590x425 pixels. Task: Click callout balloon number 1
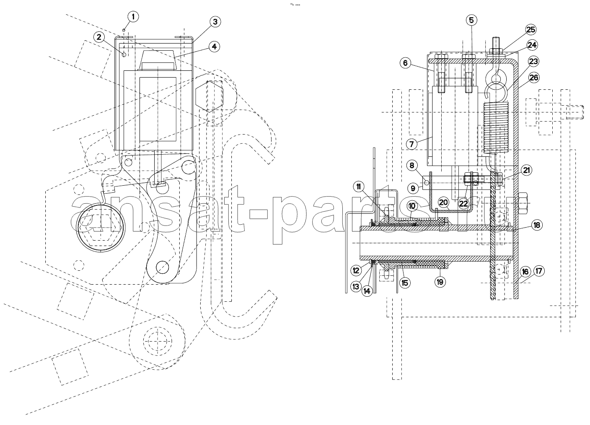[x=133, y=17]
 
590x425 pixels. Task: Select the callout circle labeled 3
[x=215, y=22]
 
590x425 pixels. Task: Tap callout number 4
[x=214, y=47]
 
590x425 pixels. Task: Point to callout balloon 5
[x=471, y=20]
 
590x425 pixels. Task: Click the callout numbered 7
[x=411, y=144]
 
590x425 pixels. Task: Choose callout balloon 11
[x=359, y=187]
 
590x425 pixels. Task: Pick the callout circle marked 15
[x=404, y=283]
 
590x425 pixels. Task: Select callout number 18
[x=537, y=225]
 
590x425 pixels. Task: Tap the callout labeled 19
[x=440, y=282]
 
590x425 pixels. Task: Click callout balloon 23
[x=533, y=61]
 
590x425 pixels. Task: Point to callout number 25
[x=531, y=29]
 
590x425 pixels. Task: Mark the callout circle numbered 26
[x=534, y=78]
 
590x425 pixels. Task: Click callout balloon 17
[x=539, y=271]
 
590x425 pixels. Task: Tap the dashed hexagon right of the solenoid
[x=210, y=96]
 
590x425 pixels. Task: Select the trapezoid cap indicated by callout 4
[x=158, y=60]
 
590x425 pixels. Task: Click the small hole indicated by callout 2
[x=124, y=54]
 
